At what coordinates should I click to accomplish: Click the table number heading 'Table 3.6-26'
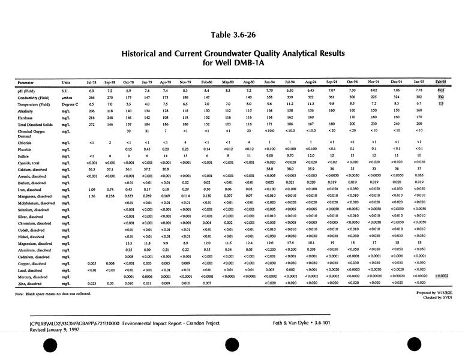point(232,25)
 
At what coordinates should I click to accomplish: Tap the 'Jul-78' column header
point(92,81)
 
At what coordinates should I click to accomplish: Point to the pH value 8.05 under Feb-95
point(441,90)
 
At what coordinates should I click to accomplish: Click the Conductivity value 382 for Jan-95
point(419,97)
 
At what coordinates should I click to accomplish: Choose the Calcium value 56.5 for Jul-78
point(92,169)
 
